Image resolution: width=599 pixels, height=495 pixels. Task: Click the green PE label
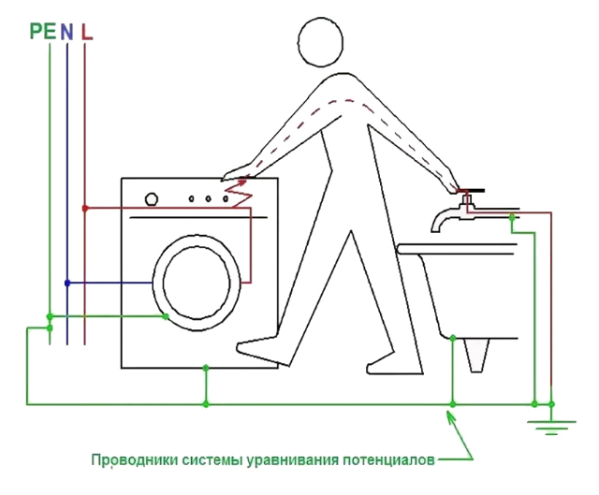42,32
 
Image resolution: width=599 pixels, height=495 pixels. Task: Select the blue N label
66,32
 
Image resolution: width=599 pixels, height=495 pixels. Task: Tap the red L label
86,32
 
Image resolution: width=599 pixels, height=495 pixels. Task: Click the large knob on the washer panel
151,197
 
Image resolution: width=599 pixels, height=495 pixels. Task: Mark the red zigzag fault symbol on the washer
239,193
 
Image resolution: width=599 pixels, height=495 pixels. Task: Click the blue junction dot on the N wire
66,282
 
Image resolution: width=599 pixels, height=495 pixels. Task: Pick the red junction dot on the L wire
85,207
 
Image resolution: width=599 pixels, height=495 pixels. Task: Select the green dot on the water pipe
511,218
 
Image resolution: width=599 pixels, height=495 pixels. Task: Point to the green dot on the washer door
166,316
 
